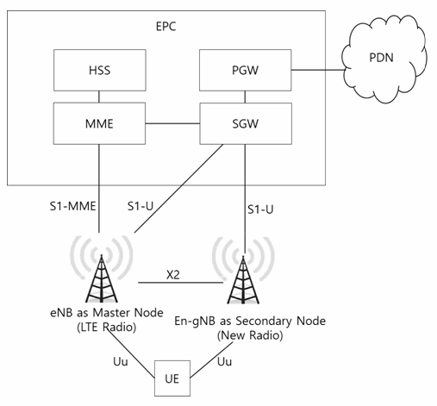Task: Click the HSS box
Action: click(100, 70)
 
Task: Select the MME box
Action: click(99, 123)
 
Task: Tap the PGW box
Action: click(246, 70)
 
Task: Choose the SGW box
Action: click(246, 123)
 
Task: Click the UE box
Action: click(172, 378)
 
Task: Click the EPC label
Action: click(165, 27)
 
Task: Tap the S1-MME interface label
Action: click(72, 206)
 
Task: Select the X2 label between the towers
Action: click(173, 275)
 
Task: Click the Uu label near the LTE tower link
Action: click(121, 361)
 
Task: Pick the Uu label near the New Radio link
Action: click(224, 361)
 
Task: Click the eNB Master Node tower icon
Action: click(102, 269)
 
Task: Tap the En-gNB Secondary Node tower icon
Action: click(243, 270)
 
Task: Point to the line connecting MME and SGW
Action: click(172, 123)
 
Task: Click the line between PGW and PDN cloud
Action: click(318, 70)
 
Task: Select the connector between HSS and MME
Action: click(99, 97)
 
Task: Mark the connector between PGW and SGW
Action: click(245, 97)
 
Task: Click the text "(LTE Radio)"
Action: click(107, 328)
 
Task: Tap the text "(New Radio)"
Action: click(250, 335)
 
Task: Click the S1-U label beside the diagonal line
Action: click(140, 206)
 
